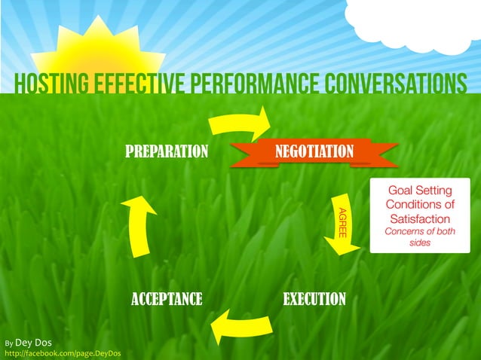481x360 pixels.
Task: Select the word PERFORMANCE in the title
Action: click(248, 85)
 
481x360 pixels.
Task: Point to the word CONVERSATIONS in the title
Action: click(391, 85)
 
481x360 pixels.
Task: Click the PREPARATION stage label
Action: click(166, 152)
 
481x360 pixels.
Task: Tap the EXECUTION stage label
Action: click(314, 300)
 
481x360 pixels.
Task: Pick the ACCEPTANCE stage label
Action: click(166, 300)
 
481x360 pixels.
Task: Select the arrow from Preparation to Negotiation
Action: click(241, 123)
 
